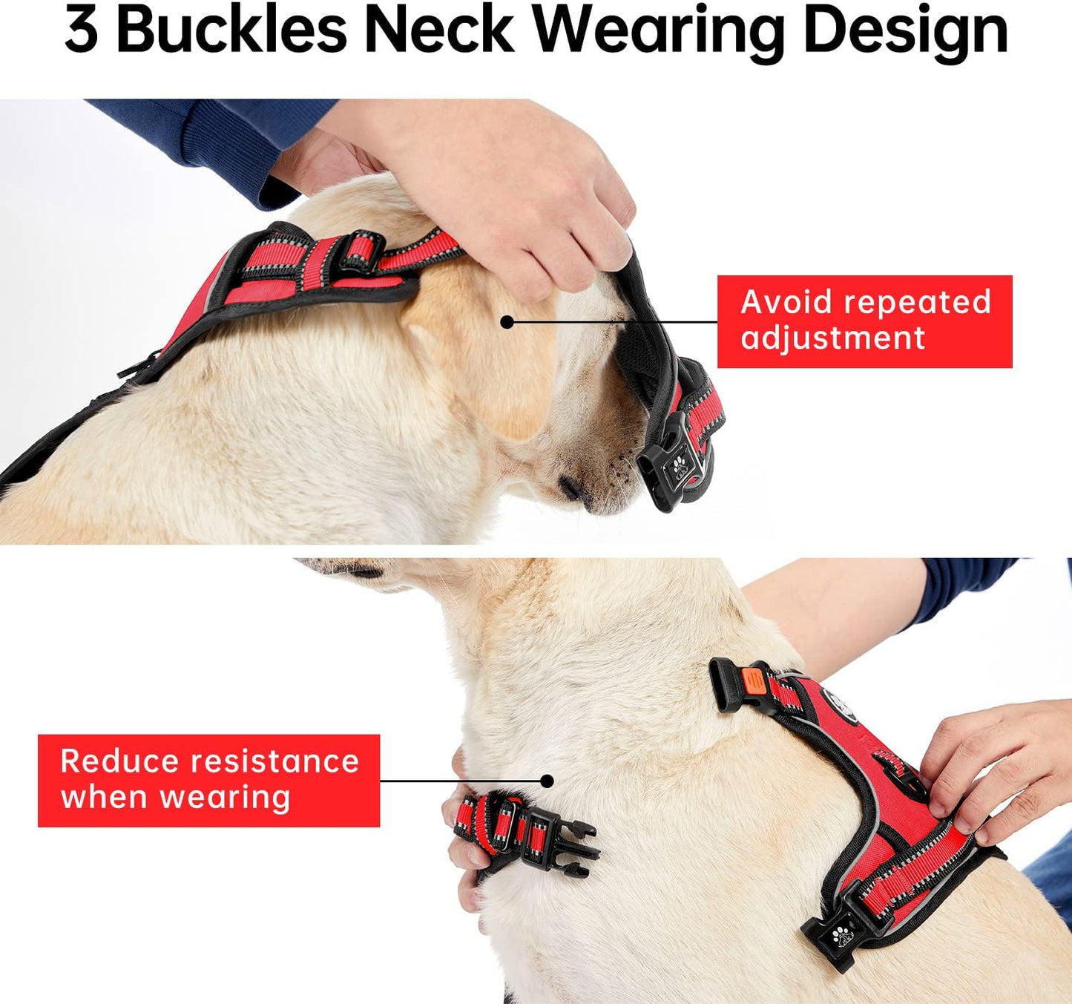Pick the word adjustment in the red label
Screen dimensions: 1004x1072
pos(832,339)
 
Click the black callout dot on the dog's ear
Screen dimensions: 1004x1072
pos(507,322)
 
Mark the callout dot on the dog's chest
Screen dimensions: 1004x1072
pos(547,781)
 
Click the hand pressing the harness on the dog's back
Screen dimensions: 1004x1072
pos(994,772)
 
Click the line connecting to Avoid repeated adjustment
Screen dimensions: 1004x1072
pos(616,322)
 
